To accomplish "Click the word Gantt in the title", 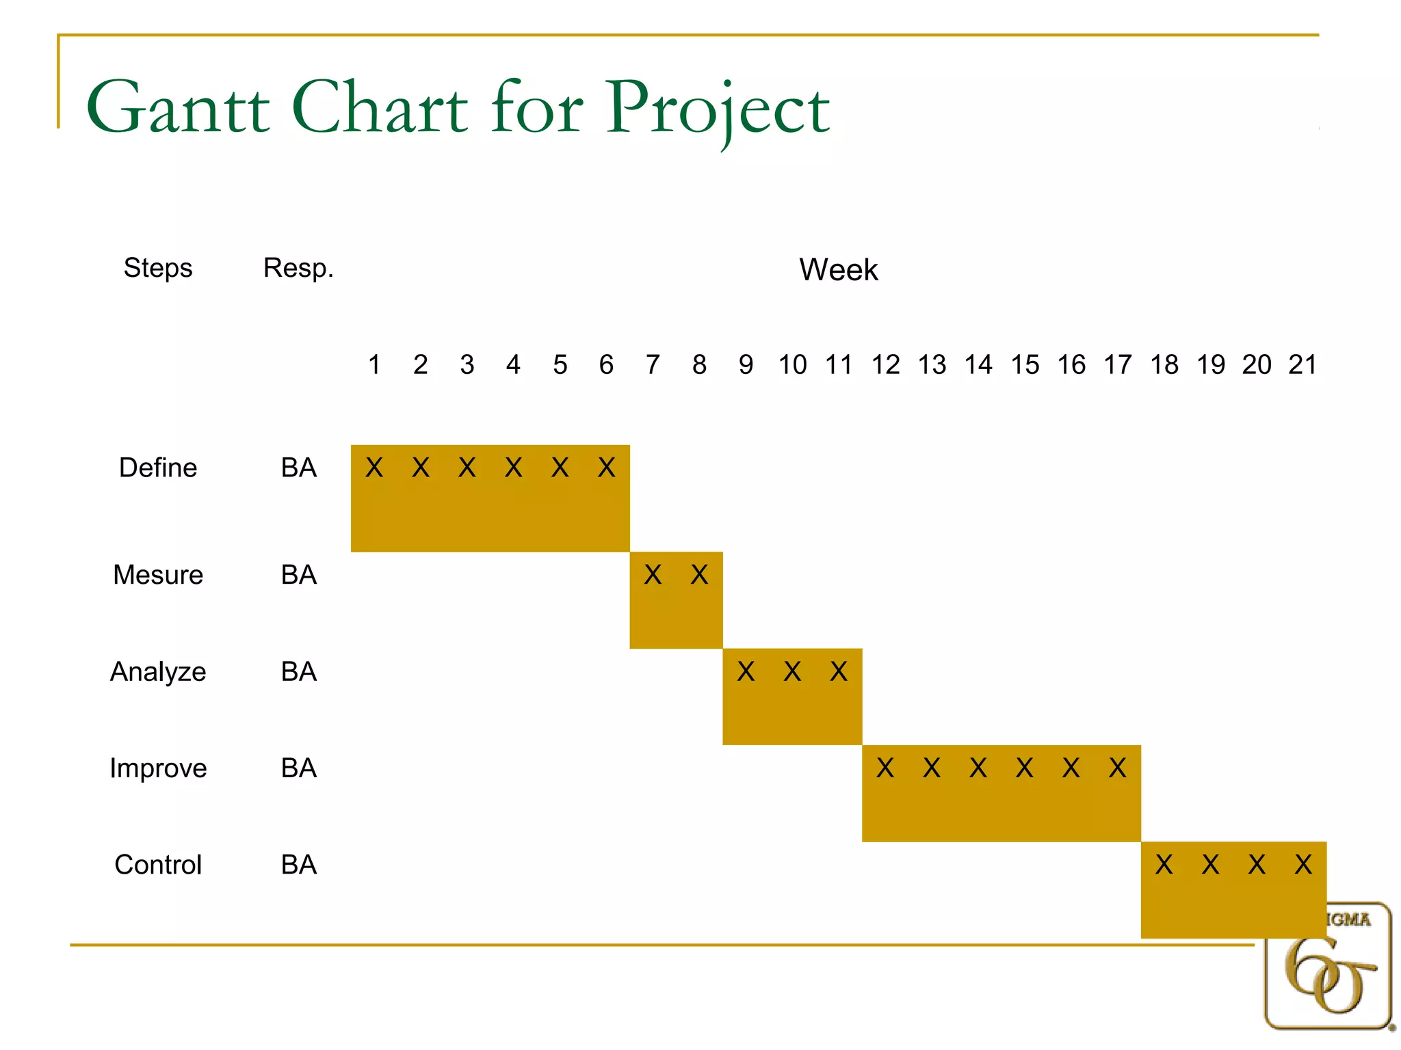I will pyautogui.click(x=179, y=108).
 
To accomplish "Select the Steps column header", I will pyautogui.click(x=158, y=268).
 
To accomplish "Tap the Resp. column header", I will pyautogui.click(x=298, y=268).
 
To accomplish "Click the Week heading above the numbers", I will pyautogui.click(x=838, y=269).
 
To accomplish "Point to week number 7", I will pyautogui.click(x=653, y=365).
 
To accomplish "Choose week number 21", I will pyautogui.click(x=1302, y=365).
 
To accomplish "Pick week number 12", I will pyautogui.click(x=885, y=365).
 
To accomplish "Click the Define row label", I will pyautogui.click(x=158, y=468).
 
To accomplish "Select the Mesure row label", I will pyautogui.click(x=158, y=575).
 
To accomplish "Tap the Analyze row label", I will pyautogui.click(x=158, y=672).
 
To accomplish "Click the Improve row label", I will pyautogui.click(x=158, y=768).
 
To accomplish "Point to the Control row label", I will pyautogui.click(x=158, y=865).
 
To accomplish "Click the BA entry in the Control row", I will pyautogui.click(x=299, y=865).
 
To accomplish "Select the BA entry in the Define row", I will pyautogui.click(x=299, y=468).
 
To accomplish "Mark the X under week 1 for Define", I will pyautogui.click(x=374, y=468).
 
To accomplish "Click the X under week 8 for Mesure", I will pyautogui.click(x=699, y=575).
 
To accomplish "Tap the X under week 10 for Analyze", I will pyautogui.click(x=792, y=672).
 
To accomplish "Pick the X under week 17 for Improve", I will pyautogui.click(x=1117, y=768).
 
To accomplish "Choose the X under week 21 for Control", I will pyautogui.click(x=1303, y=865).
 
